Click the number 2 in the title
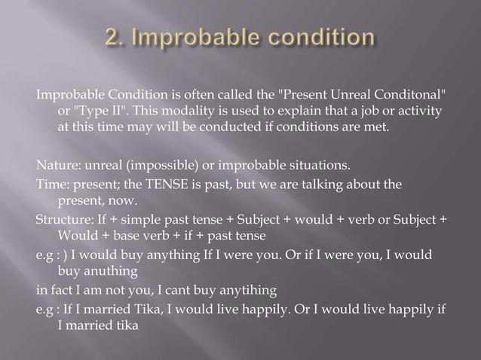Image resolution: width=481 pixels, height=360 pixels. pyautogui.click(x=112, y=38)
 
